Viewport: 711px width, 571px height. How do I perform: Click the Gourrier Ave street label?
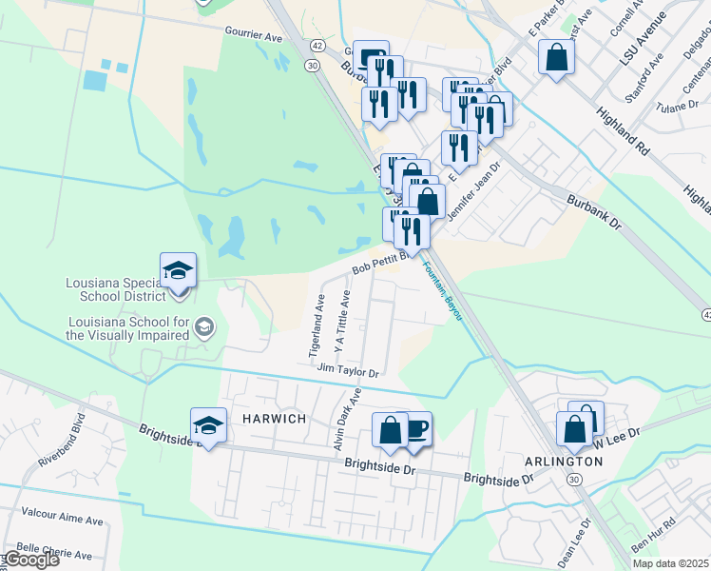254,35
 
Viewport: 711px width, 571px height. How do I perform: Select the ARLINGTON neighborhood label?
564,462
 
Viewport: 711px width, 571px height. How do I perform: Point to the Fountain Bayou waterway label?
443,290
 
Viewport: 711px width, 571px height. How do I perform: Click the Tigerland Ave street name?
317,325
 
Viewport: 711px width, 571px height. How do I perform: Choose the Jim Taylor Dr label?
349,370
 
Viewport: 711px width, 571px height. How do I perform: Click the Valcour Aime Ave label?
61,521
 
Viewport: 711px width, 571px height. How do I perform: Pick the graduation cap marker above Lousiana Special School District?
178,270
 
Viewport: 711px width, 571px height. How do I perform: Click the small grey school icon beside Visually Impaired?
202,328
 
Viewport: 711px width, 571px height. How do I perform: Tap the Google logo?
30,559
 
